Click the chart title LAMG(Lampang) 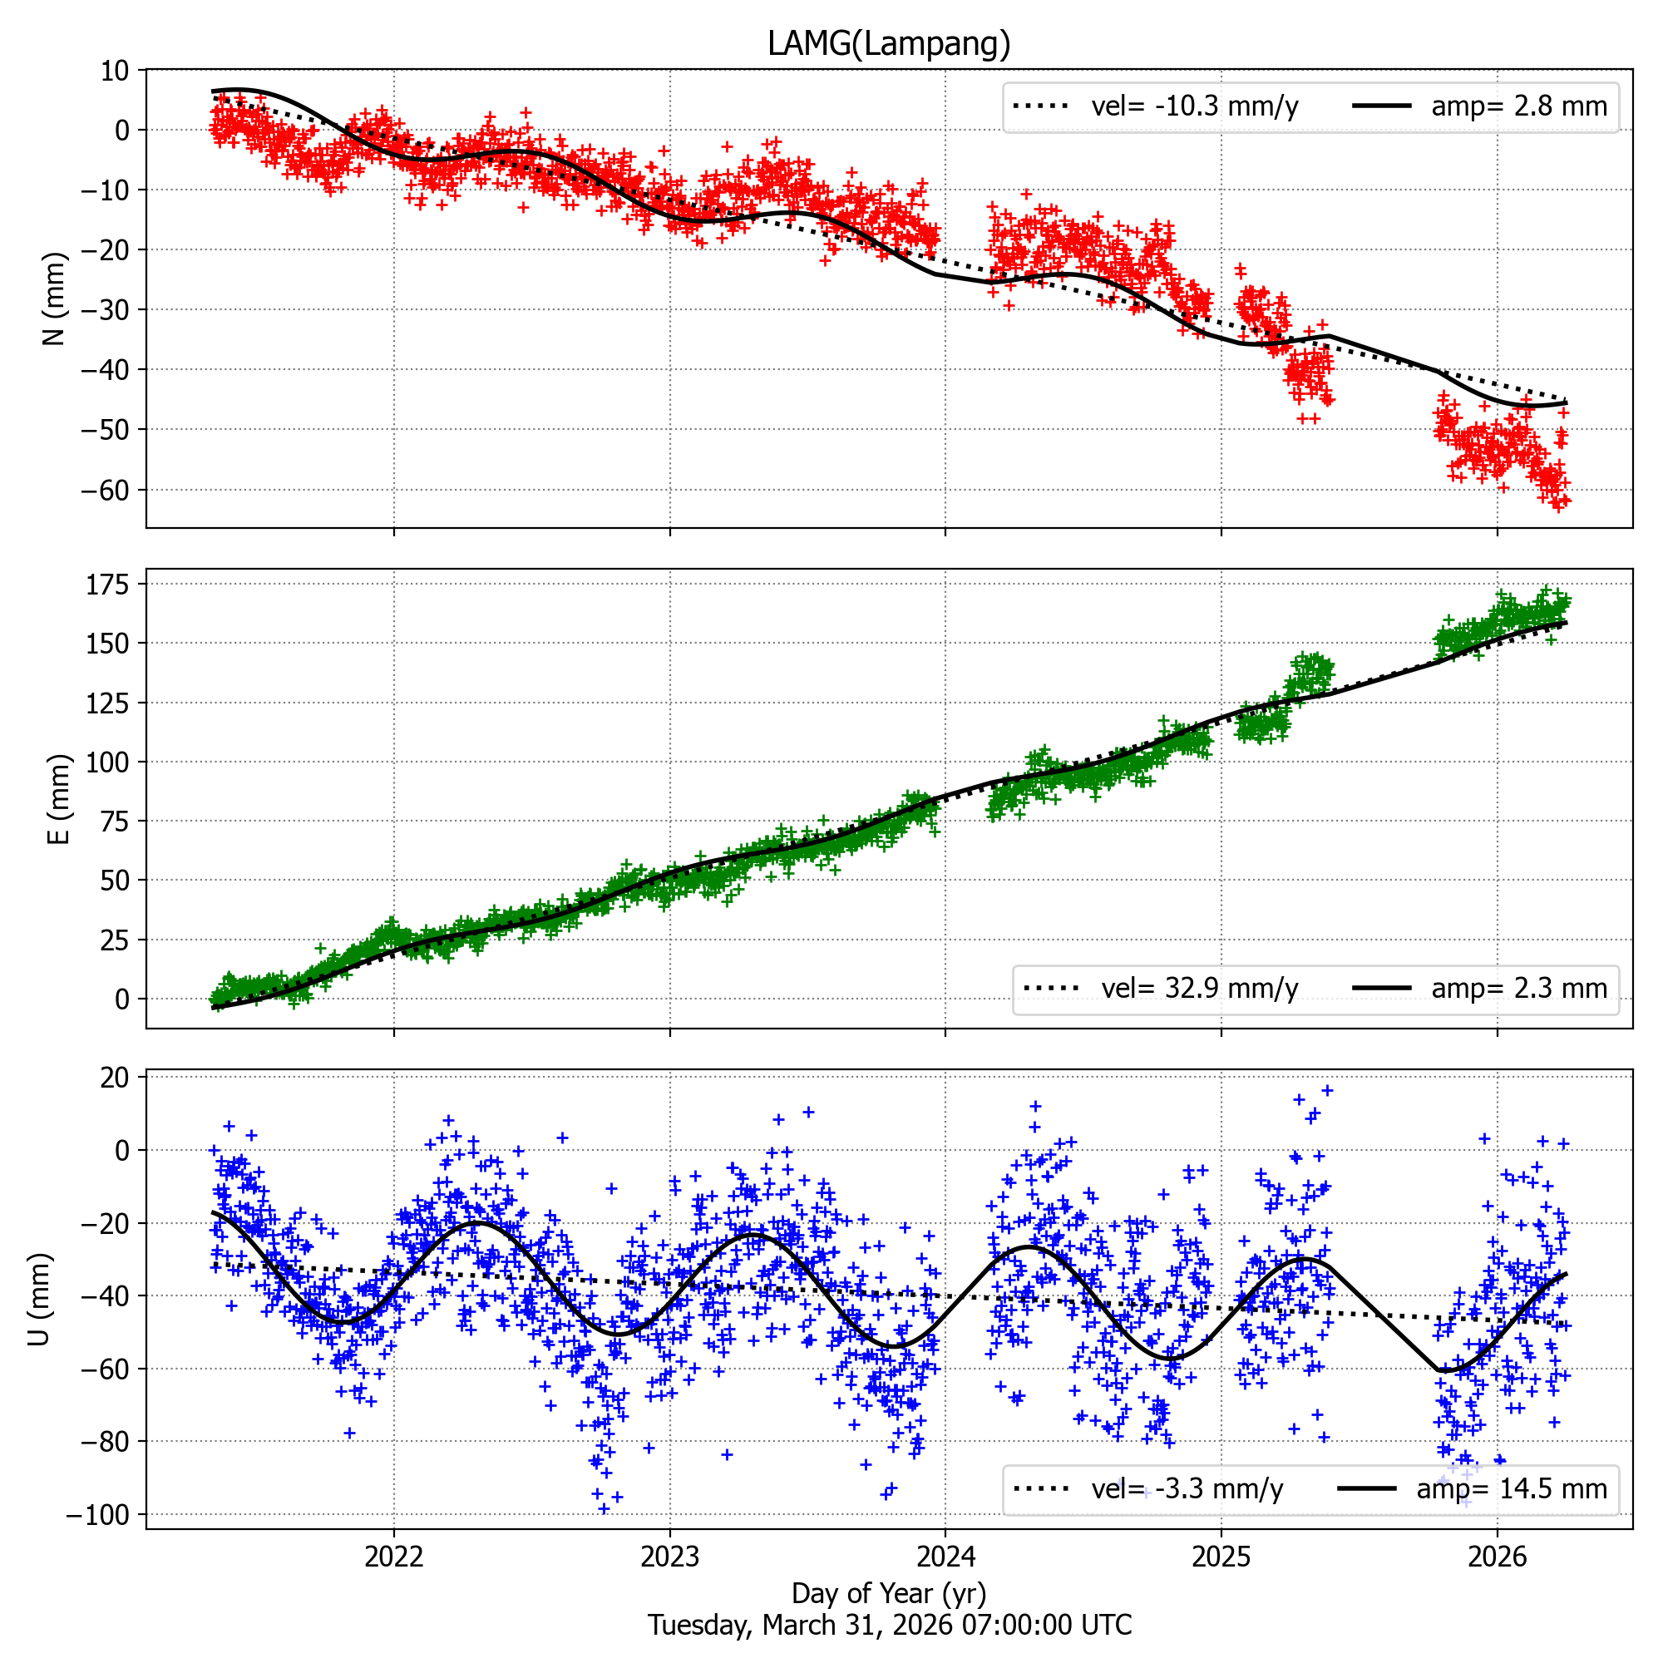point(888,43)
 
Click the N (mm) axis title point(55,298)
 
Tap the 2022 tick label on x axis point(394,1556)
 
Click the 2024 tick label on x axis point(945,1556)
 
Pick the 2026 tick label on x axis point(1497,1556)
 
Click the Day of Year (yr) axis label point(888,1593)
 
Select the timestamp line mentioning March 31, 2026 point(889,1625)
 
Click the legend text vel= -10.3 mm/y point(1195,106)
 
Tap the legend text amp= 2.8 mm point(1519,106)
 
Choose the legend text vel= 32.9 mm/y point(1200,988)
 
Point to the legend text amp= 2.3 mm point(1519,988)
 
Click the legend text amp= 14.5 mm point(1512,1489)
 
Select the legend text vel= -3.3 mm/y point(1188,1489)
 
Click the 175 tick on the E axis point(107,585)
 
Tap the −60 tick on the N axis point(105,491)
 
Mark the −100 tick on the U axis point(97,1515)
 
